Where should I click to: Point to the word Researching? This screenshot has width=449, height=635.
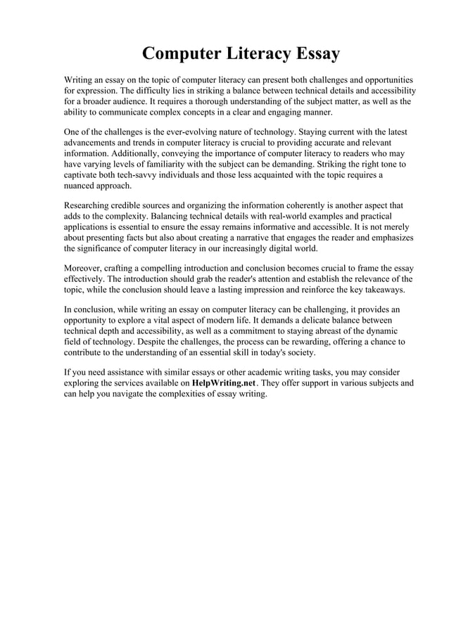tap(89, 205)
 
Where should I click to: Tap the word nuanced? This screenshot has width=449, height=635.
tap(80, 186)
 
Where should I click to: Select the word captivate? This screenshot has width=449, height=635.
tap(83, 175)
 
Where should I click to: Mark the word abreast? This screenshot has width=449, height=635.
tap(317, 331)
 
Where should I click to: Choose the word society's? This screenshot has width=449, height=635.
tap(301, 352)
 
